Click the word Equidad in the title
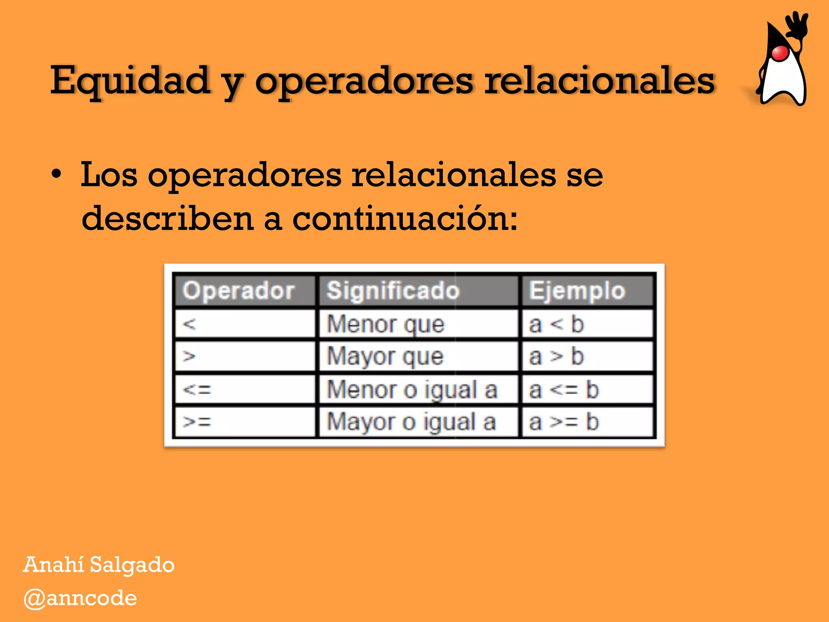[x=130, y=80]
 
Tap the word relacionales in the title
[x=600, y=80]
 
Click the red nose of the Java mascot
[x=780, y=53]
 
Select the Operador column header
[x=238, y=290]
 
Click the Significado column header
[x=393, y=290]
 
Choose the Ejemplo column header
[x=577, y=290]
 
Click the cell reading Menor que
[x=385, y=324]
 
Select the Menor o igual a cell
[x=412, y=390]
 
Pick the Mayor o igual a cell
[x=411, y=422]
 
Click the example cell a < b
[x=556, y=324]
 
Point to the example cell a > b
[x=556, y=356]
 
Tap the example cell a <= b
[x=563, y=390]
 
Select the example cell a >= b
[x=563, y=422]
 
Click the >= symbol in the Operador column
[x=197, y=422]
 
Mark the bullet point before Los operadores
[x=57, y=175]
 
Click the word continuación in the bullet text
[x=404, y=219]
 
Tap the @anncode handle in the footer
[x=80, y=598]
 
